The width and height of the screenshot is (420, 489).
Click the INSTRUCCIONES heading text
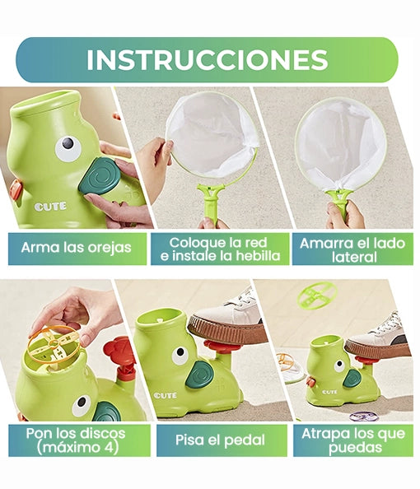pos(207,59)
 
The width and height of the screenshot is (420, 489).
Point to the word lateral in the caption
pos(354,258)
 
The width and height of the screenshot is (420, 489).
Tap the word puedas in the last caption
pos(356,448)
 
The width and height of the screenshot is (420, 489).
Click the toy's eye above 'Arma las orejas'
pos(68,148)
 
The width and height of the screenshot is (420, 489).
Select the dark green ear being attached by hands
pos(99,177)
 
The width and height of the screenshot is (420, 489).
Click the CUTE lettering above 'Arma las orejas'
pos(50,207)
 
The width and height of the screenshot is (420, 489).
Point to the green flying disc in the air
pos(317,295)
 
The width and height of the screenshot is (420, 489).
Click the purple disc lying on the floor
pos(364,416)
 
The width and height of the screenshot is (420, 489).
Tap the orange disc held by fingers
pos(54,344)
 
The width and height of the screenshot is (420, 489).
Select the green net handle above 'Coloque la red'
pos(211,202)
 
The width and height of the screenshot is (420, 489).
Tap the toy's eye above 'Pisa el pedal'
pos(180,355)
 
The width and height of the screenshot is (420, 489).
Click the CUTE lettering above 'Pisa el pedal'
pos(165,395)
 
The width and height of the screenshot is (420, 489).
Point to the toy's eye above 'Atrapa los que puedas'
pos(339,366)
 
